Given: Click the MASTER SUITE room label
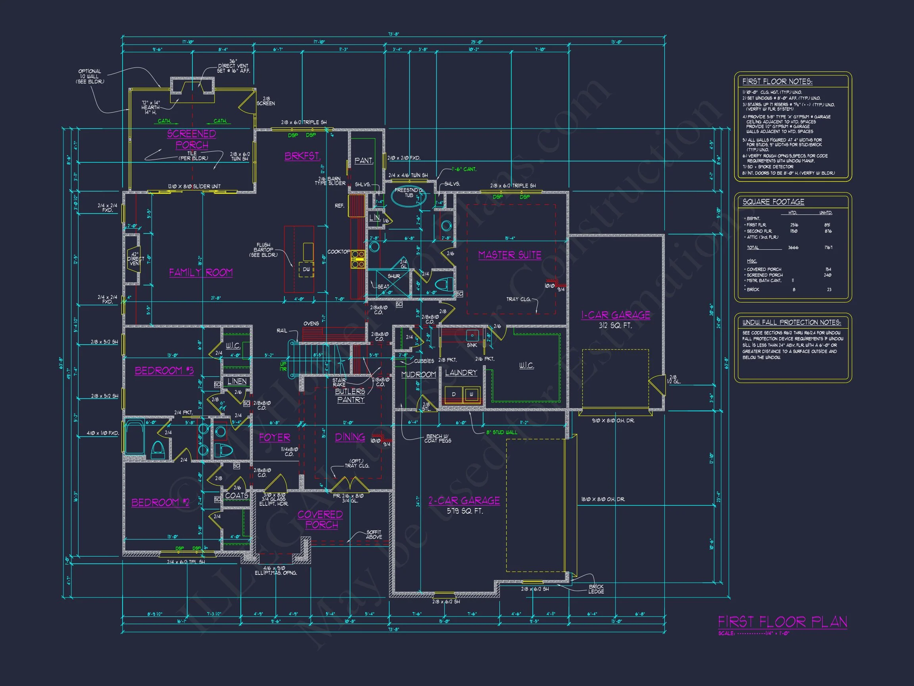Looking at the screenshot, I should click(x=509, y=255).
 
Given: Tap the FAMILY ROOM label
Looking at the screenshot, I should click(x=201, y=272).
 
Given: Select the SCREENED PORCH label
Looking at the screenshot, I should click(x=192, y=139).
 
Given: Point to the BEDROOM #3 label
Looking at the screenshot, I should click(x=164, y=370).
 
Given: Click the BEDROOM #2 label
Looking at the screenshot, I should click(x=160, y=503).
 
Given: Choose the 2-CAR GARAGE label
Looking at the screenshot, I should click(x=464, y=501).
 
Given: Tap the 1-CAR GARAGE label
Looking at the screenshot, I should click(x=615, y=315).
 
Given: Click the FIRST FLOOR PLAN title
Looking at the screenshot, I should click(x=782, y=622).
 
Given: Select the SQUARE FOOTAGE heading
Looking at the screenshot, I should click(x=773, y=202).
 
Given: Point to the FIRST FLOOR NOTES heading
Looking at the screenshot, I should click(x=777, y=81).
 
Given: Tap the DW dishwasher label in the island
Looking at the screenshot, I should click(x=306, y=269).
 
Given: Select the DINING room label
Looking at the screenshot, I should click(x=349, y=437).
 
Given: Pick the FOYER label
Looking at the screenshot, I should click(x=275, y=437).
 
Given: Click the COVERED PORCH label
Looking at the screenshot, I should click(x=321, y=519).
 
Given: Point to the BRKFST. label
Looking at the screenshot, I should click(x=302, y=156).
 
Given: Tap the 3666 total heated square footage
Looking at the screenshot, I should click(x=793, y=248).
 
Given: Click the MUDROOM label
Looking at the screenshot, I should click(x=419, y=374).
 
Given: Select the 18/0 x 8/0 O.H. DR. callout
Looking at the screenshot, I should click(x=603, y=499).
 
